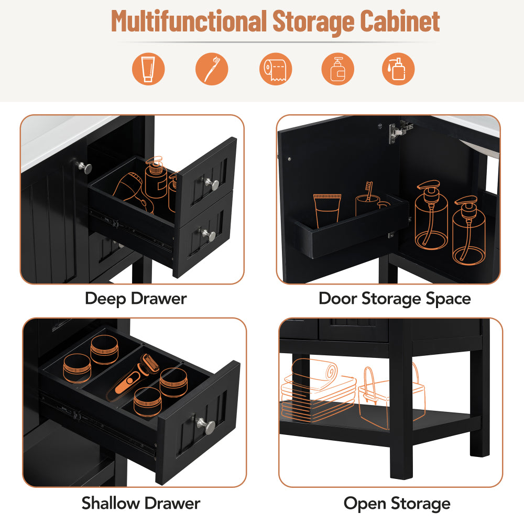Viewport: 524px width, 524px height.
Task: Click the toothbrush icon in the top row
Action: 212,69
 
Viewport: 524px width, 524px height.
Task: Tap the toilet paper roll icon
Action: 276,69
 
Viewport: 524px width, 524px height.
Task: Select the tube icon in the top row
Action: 148,69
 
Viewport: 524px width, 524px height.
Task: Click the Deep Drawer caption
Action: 136,299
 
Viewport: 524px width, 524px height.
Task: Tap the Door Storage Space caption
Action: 395,299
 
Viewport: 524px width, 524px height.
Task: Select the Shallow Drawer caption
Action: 140,504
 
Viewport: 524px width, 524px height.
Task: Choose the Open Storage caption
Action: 397,504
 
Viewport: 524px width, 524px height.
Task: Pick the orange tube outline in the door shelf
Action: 327,208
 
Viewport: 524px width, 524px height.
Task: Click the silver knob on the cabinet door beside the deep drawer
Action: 84,167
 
